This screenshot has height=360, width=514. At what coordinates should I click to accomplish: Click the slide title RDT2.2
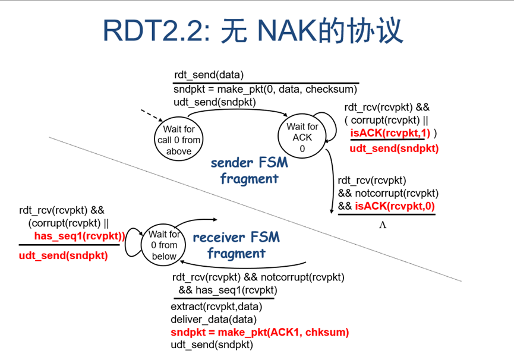pyautogui.click(x=154, y=30)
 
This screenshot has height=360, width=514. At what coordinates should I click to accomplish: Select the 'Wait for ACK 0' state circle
pyautogui.click(x=302, y=137)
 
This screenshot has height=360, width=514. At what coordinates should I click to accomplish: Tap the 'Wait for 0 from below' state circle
pyautogui.click(x=165, y=245)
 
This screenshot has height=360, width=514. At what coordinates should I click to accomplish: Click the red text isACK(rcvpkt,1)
pyautogui.click(x=390, y=134)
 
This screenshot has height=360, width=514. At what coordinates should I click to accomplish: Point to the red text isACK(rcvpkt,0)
pyautogui.click(x=395, y=206)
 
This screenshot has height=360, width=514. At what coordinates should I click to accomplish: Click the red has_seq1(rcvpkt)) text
pyautogui.click(x=80, y=236)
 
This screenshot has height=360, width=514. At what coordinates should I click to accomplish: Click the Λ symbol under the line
pyautogui.click(x=383, y=225)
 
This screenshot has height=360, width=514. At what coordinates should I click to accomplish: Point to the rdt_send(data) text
pyautogui.click(x=209, y=75)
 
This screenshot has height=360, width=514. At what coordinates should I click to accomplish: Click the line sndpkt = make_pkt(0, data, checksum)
pyautogui.click(x=266, y=89)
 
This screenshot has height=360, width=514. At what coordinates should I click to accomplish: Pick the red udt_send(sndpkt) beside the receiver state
pyautogui.click(x=64, y=255)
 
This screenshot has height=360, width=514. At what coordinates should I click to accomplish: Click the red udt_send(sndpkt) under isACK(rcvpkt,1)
pyautogui.click(x=394, y=148)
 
